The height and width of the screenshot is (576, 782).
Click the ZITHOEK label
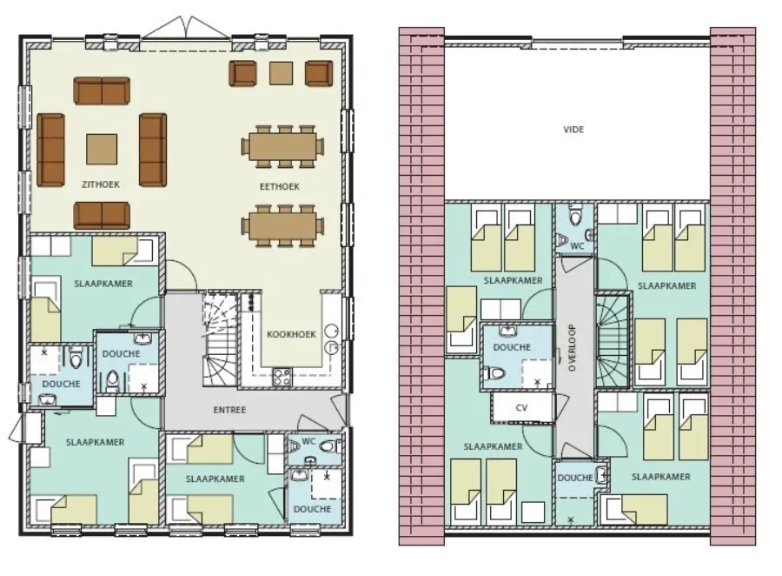tap(102, 184)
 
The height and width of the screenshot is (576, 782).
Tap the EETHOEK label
tap(279, 186)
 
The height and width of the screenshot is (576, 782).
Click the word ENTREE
tap(229, 409)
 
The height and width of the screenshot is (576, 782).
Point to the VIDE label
tap(573, 130)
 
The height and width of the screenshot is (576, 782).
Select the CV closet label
tap(521, 406)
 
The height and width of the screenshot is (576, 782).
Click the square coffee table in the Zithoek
tap(102, 147)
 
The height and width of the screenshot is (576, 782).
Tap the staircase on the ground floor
tap(218, 341)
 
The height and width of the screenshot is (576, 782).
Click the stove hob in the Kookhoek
tap(283, 377)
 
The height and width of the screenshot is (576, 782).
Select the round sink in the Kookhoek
tap(332, 332)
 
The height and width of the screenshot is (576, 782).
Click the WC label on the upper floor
tap(577, 246)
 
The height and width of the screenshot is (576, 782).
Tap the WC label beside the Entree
tap(308, 441)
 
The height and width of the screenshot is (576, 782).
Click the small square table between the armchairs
tap(281, 73)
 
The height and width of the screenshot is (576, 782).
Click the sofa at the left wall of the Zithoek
tap(51, 150)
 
